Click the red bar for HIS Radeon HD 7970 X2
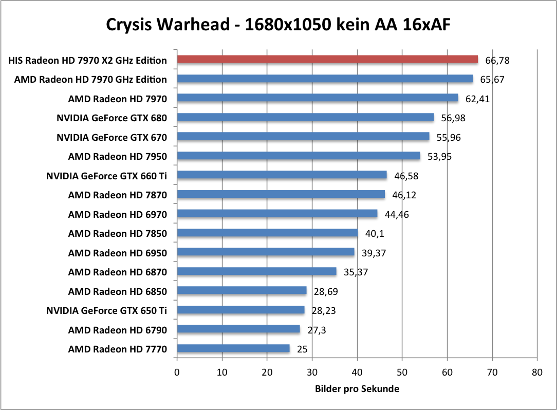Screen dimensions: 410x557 click(x=327, y=60)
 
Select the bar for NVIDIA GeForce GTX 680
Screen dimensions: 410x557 click(x=305, y=118)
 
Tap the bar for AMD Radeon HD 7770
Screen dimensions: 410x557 click(x=233, y=349)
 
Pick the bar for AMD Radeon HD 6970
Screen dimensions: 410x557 click(x=277, y=214)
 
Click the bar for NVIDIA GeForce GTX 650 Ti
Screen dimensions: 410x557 click(x=240, y=310)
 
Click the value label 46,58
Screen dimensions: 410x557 click(x=406, y=176)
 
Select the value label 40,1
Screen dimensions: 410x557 click(x=374, y=234)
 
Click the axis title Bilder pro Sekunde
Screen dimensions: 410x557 click(x=357, y=389)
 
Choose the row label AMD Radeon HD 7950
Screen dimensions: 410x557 click(x=118, y=156)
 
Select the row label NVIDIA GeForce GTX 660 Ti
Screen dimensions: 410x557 click(x=107, y=176)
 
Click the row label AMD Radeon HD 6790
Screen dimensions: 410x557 click(x=118, y=330)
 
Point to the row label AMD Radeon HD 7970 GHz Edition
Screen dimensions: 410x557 click(x=90, y=79)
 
